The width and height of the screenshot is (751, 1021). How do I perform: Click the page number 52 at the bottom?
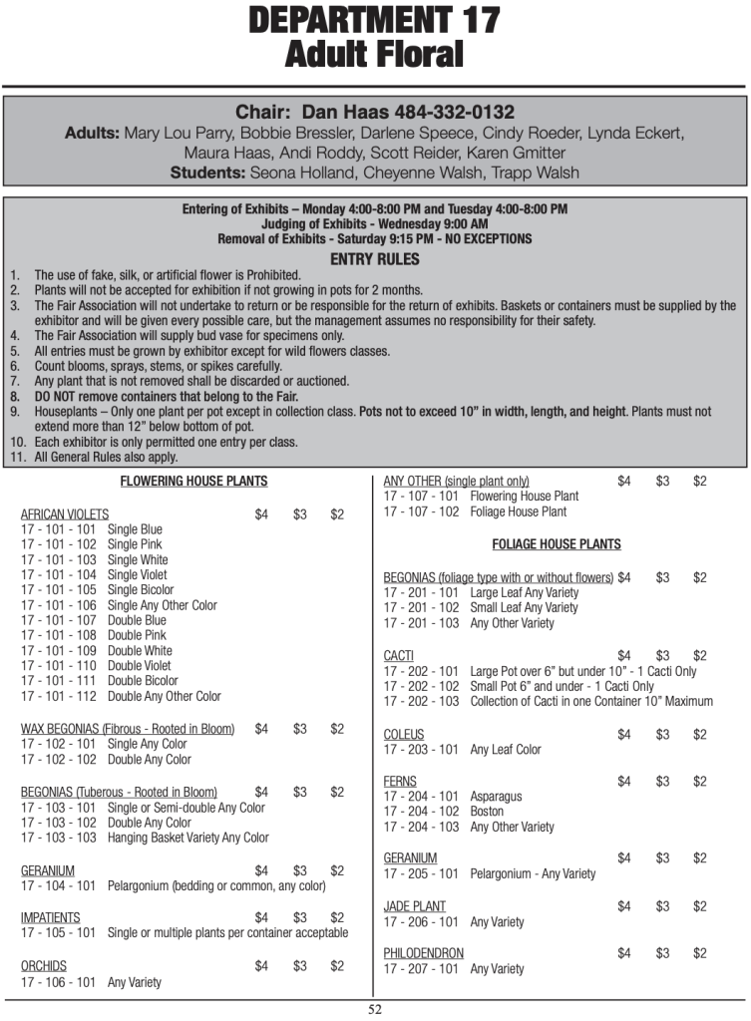(x=375, y=1008)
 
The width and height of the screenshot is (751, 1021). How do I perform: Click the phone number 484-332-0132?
(x=454, y=112)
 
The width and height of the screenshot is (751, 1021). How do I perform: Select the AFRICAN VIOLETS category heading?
(x=65, y=514)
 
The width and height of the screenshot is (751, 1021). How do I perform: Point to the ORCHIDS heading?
(x=44, y=966)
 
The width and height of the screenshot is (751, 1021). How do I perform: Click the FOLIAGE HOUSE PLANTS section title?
(x=557, y=544)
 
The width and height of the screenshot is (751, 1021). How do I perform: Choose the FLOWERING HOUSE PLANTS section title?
(x=193, y=481)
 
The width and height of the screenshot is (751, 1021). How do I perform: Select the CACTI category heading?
(x=399, y=656)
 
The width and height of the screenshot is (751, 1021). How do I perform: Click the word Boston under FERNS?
(x=487, y=812)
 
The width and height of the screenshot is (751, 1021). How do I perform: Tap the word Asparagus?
(x=496, y=797)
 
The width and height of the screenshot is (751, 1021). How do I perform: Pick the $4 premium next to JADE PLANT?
(x=624, y=906)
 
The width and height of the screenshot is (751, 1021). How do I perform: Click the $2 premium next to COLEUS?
(x=700, y=735)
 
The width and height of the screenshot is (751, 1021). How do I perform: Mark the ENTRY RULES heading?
(x=374, y=259)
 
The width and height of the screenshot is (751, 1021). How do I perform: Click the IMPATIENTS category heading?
(x=51, y=917)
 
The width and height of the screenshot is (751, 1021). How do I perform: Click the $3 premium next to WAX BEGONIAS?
(x=300, y=729)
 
